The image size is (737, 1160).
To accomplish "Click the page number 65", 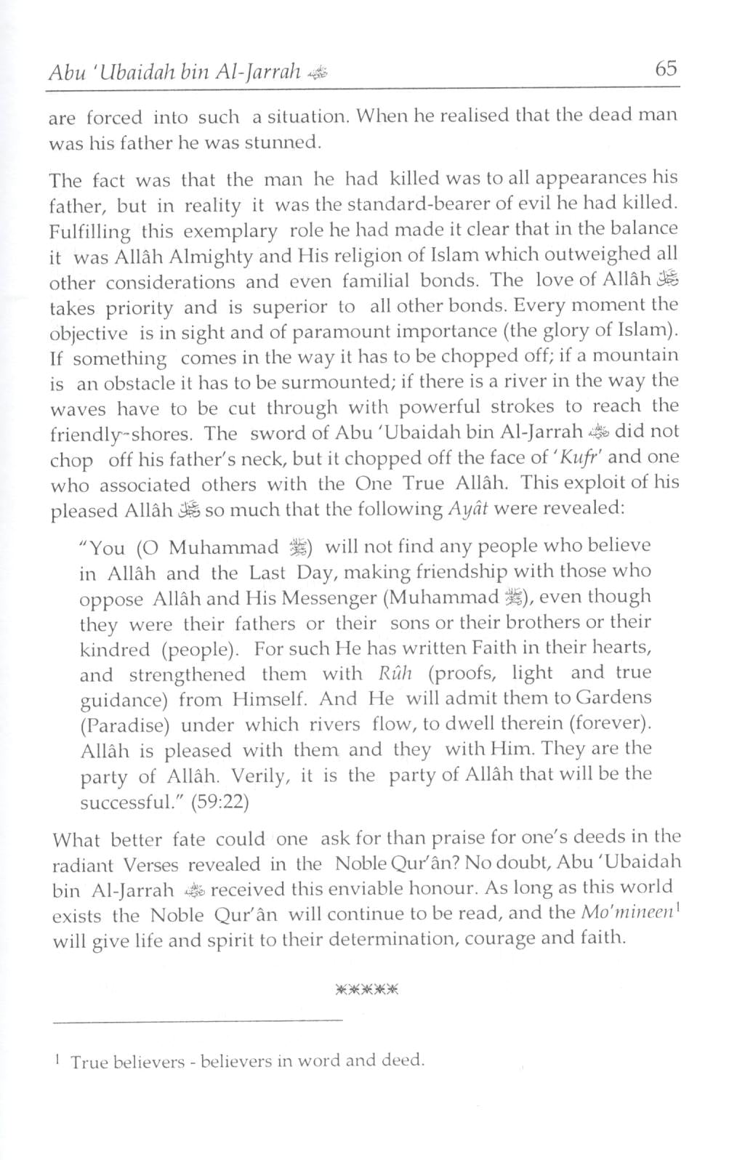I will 665,69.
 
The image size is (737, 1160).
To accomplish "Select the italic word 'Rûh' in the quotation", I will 396,674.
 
